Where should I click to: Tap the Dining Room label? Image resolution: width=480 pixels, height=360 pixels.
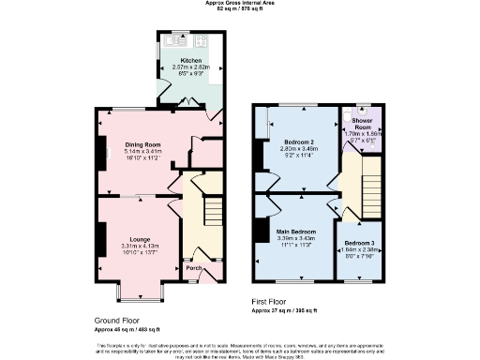coord(144,144)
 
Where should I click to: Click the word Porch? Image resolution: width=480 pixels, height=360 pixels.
coord(193,268)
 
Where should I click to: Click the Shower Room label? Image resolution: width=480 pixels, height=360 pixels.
coord(361,125)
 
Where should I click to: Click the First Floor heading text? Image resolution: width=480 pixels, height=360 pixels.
coord(273,303)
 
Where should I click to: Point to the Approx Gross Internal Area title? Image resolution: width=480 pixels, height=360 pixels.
coord(240,3)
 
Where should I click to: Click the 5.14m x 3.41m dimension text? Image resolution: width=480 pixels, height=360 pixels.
coord(144,152)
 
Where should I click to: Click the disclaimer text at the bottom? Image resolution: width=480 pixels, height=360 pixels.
coord(240,348)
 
